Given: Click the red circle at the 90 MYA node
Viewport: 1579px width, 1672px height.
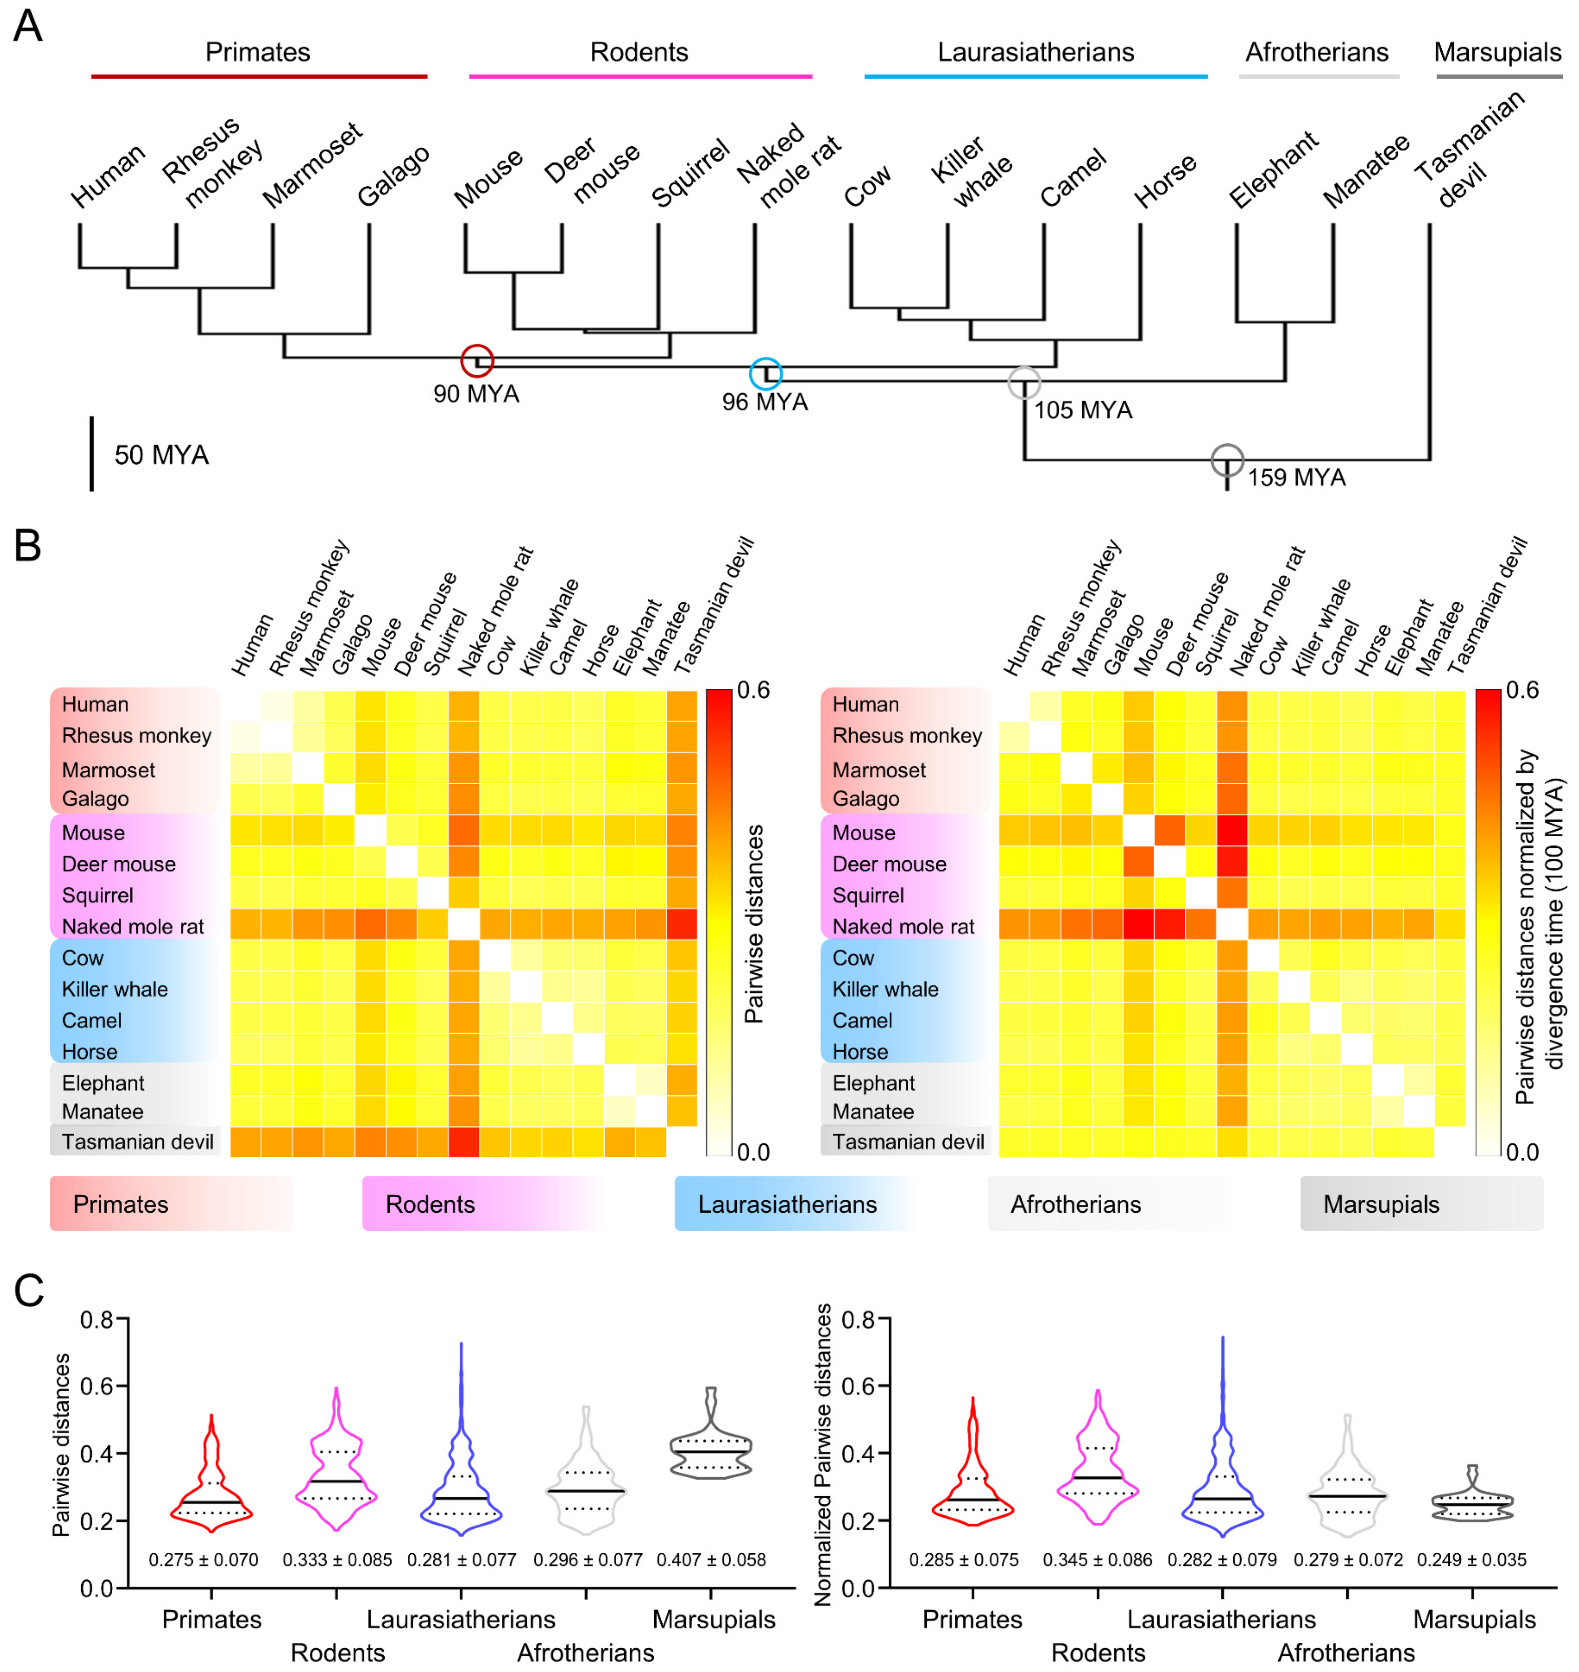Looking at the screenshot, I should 476,361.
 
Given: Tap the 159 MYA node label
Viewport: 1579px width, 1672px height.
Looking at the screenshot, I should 1296,478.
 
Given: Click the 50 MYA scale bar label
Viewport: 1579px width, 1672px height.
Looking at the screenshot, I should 161,455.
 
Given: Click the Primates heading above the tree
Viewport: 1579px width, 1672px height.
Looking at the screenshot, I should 257,52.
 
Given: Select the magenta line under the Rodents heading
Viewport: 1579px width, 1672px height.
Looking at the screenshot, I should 640,76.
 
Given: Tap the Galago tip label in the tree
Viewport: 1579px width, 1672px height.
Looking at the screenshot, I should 392,177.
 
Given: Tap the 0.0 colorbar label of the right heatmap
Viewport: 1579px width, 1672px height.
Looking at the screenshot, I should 1522,1152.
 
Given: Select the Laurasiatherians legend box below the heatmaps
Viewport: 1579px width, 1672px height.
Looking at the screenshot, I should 795,1204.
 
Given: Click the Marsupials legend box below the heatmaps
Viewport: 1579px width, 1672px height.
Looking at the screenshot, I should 1421,1204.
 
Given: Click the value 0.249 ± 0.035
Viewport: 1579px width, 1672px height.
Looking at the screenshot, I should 1471,1560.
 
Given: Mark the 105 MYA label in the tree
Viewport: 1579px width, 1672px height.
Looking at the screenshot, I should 1083,410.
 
